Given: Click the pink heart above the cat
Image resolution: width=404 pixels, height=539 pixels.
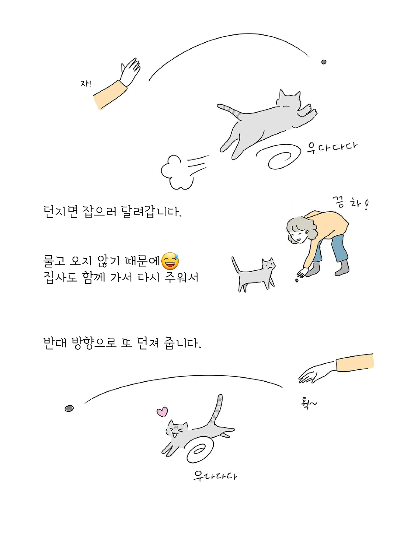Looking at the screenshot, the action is coord(162,412).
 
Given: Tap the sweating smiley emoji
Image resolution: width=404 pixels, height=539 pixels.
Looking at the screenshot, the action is coord(170,261).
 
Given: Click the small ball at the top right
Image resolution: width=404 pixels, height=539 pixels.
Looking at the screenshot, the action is coord(324,62).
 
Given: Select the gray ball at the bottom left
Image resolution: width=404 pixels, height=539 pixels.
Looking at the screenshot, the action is coord(69,408).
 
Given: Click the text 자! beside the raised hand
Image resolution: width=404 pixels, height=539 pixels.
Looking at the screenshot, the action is coord(86,84).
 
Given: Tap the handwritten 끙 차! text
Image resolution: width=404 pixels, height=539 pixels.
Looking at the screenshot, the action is coord(351,203).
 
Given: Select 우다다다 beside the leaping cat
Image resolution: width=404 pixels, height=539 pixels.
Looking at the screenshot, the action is coord(332,147).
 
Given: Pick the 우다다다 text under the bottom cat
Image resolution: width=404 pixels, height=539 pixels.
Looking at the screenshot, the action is coord(215,475).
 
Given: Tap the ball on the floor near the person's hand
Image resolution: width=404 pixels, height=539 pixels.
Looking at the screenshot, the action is coord(297,280).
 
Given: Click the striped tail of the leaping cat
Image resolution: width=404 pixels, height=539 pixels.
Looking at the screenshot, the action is coord(229,111).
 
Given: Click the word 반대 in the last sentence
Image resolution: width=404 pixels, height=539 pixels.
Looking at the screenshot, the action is coord(55,342).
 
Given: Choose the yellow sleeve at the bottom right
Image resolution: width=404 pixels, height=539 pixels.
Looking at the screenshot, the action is coord(355,362).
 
